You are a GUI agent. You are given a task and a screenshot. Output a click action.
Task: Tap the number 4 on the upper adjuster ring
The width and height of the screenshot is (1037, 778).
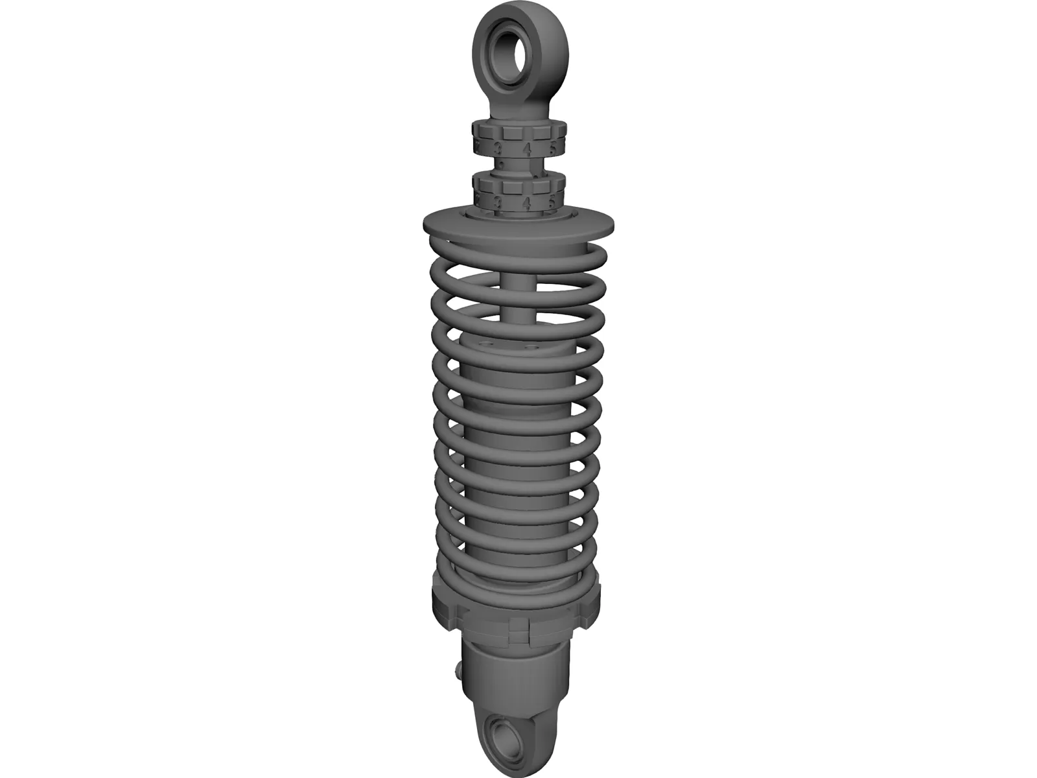click(x=527, y=149)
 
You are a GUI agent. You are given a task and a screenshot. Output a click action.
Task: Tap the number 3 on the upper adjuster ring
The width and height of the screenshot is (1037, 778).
click(x=498, y=148)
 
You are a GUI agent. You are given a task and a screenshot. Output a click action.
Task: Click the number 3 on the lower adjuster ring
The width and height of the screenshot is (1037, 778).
click(x=498, y=203)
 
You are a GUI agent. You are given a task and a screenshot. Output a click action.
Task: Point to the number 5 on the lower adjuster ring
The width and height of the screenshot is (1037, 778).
click(x=552, y=201)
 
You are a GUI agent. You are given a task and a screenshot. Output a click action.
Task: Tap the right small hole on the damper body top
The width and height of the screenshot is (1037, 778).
click(x=533, y=348)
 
